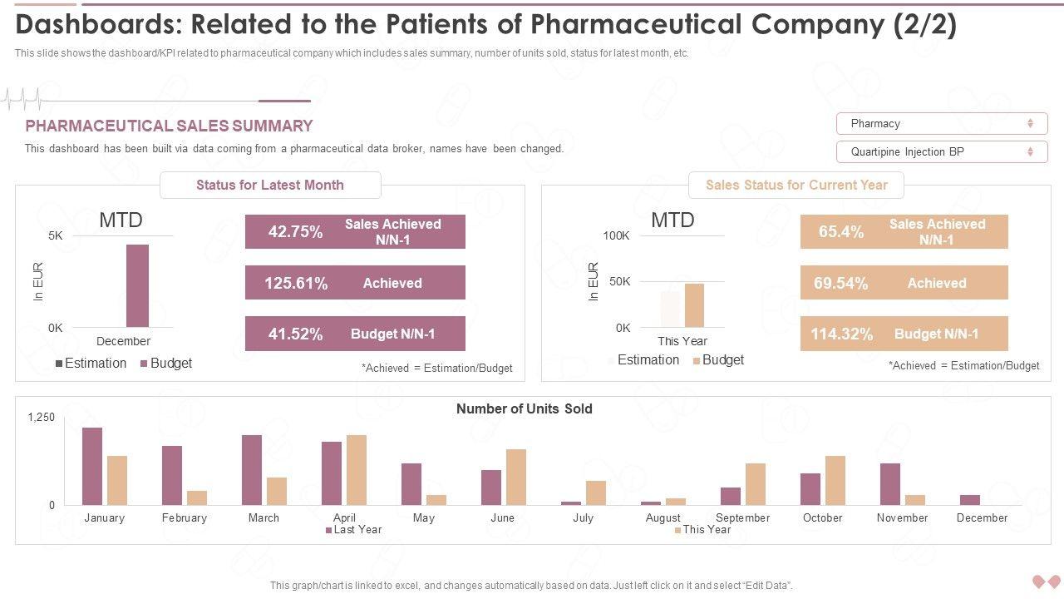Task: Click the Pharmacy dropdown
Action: pos(941,123)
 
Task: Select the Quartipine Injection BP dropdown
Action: pos(941,151)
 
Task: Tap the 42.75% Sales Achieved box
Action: pos(355,231)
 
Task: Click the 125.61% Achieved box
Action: pos(355,283)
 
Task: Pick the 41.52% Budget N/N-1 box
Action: pos(355,334)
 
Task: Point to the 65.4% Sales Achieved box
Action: pos(904,231)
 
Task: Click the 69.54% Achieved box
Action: pos(904,283)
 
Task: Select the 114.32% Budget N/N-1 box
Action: pos(904,334)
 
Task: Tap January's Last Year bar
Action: pos(92,466)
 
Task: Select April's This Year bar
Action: pos(357,469)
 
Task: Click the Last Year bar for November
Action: pos(890,483)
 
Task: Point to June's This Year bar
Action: pos(516,477)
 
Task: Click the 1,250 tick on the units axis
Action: pos(41,417)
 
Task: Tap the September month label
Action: pos(742,517)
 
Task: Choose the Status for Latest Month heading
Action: pos(270,185)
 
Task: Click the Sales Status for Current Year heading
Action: pos(796,185)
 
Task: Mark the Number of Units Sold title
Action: pos(524,408)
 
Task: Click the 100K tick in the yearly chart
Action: pos(616,235)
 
